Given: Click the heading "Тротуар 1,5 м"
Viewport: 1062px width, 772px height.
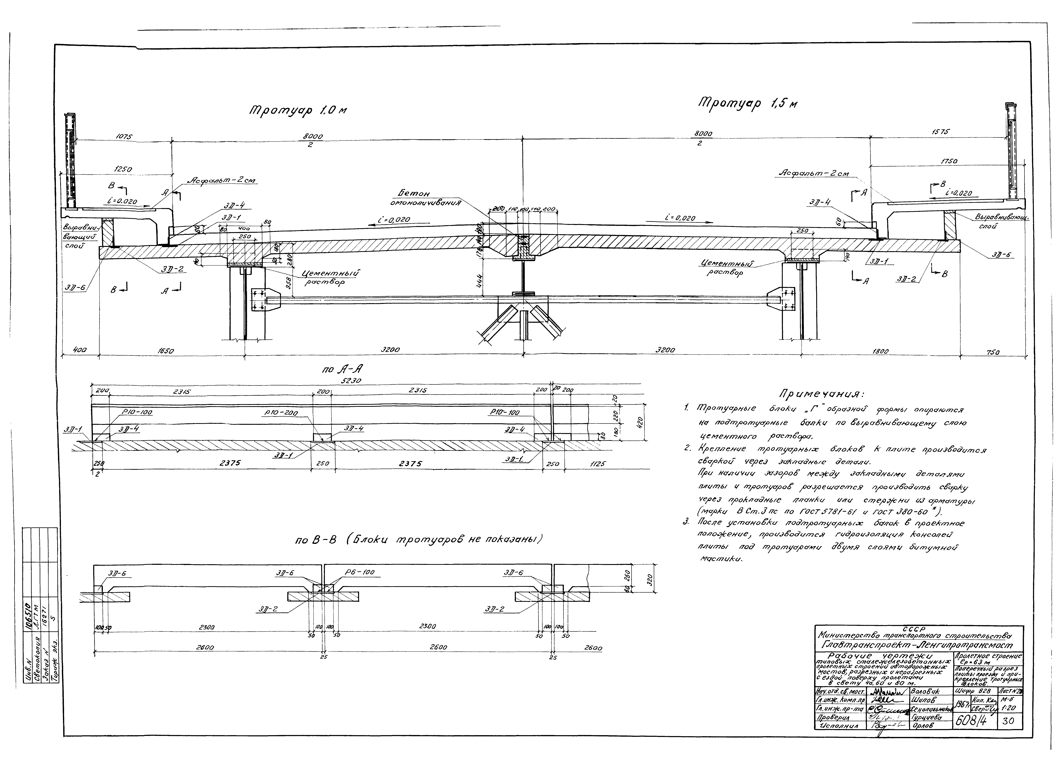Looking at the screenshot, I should tap(748, 103).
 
